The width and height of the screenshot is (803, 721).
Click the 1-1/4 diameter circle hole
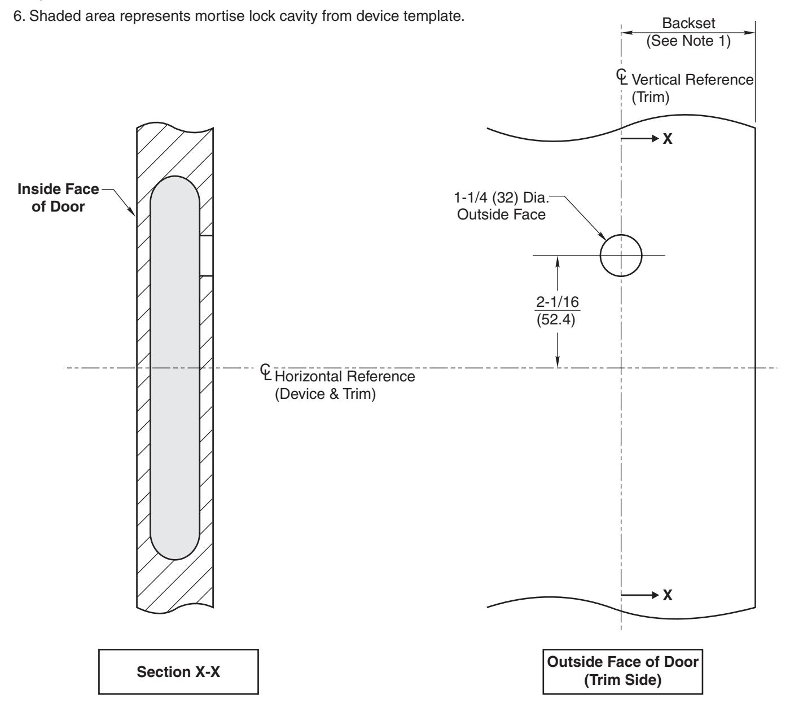coord(621,255)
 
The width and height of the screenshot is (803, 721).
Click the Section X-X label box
coord(178,672)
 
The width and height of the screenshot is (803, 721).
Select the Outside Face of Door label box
coord(623,672)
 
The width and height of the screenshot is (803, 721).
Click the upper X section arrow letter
coord(667,139)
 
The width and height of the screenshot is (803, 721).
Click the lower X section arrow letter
coord(667,595)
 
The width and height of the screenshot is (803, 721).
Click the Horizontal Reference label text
coord(344,376)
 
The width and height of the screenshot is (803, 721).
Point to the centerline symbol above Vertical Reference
coord(621,75)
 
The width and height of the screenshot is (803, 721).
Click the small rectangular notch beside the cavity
coord(207,256)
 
